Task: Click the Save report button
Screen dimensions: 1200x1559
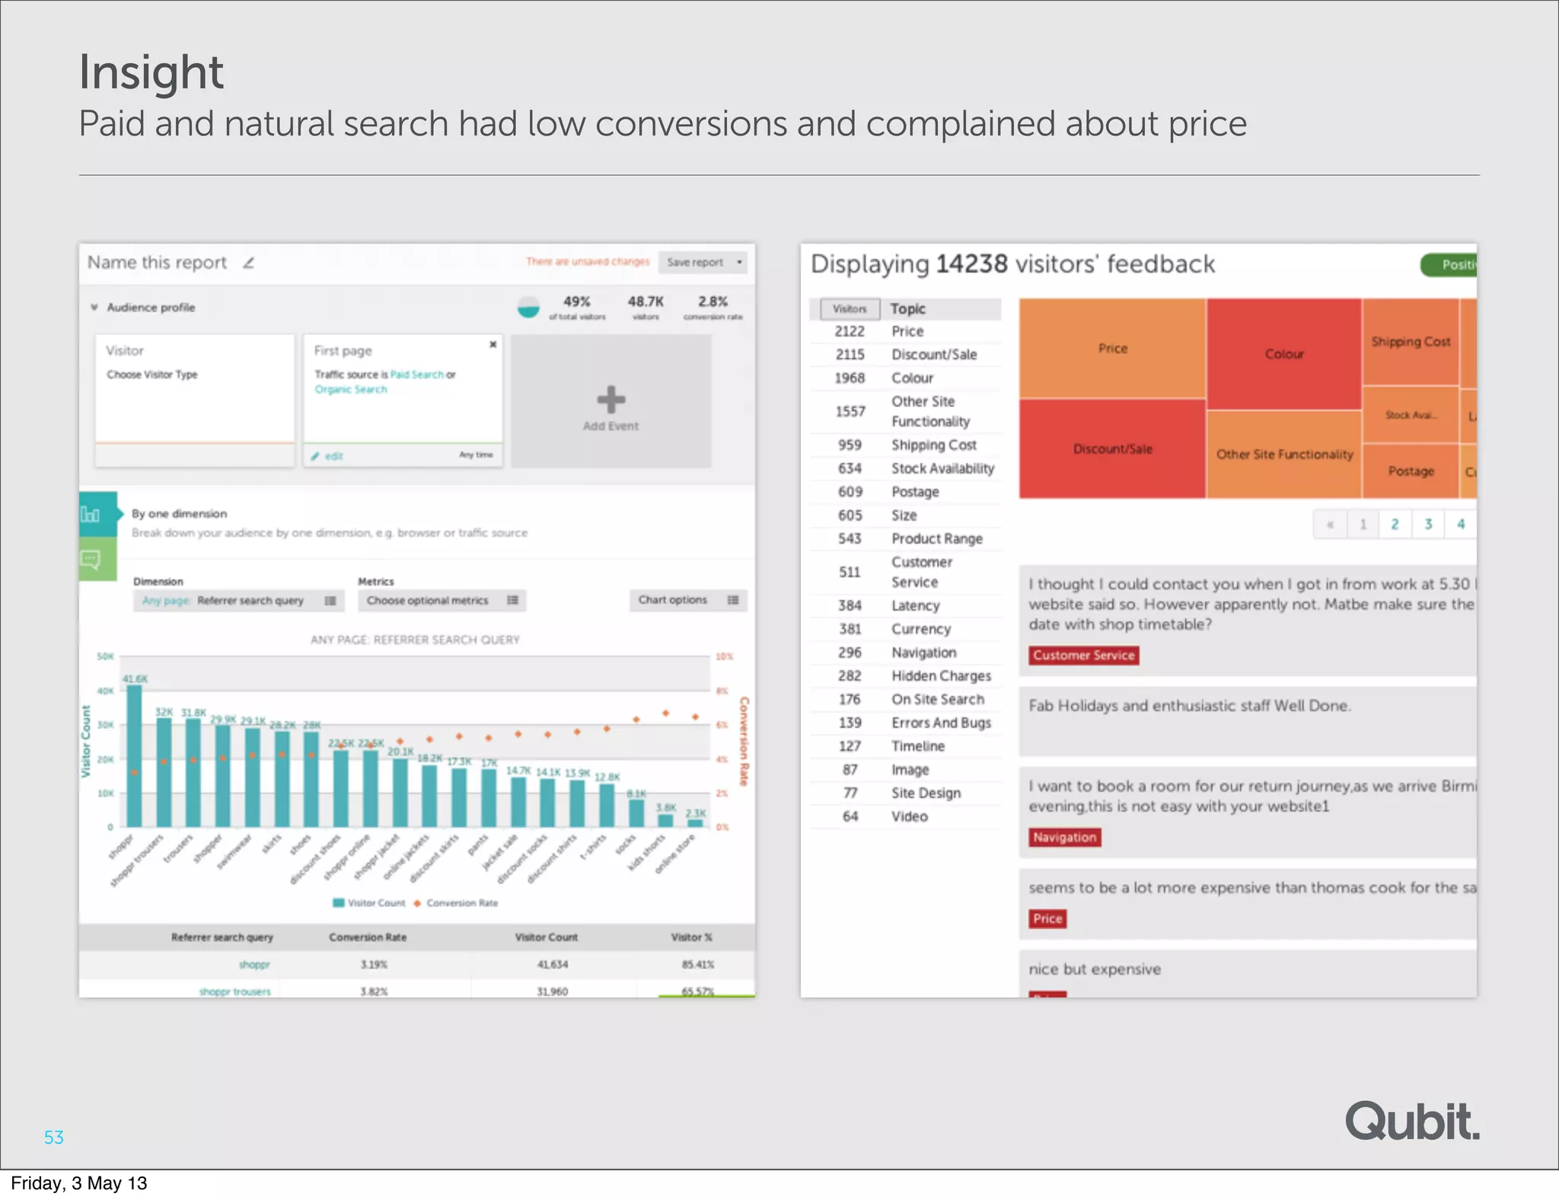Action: (702, 262)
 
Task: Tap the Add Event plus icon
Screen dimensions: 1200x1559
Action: (611, 399)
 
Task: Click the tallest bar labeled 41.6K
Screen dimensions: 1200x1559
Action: (134, 754)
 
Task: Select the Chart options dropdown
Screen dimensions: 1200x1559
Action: (687, 600)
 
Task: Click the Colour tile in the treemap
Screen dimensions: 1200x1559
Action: (1284, 354)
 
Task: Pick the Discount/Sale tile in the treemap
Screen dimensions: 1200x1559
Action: (1112, 448)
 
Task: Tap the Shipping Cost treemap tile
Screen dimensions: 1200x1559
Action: (1411, 342)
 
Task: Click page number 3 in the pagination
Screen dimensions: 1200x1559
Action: (1428, 524)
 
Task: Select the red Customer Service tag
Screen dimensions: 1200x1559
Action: (1083, 655)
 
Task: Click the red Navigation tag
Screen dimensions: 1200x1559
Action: (1064, 837)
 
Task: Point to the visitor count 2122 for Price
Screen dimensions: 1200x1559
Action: (850, 331)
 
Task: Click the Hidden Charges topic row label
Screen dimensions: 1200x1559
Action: (941, 676)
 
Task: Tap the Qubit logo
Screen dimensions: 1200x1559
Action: (1412, 1121)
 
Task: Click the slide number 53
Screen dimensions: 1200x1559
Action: (54, 1137)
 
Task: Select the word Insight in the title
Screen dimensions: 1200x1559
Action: (151, 72)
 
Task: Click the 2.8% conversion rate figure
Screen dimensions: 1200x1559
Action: (713, 302)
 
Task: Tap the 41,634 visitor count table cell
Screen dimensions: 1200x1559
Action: (552, 965)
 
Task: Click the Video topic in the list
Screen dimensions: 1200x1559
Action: (910, 816)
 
